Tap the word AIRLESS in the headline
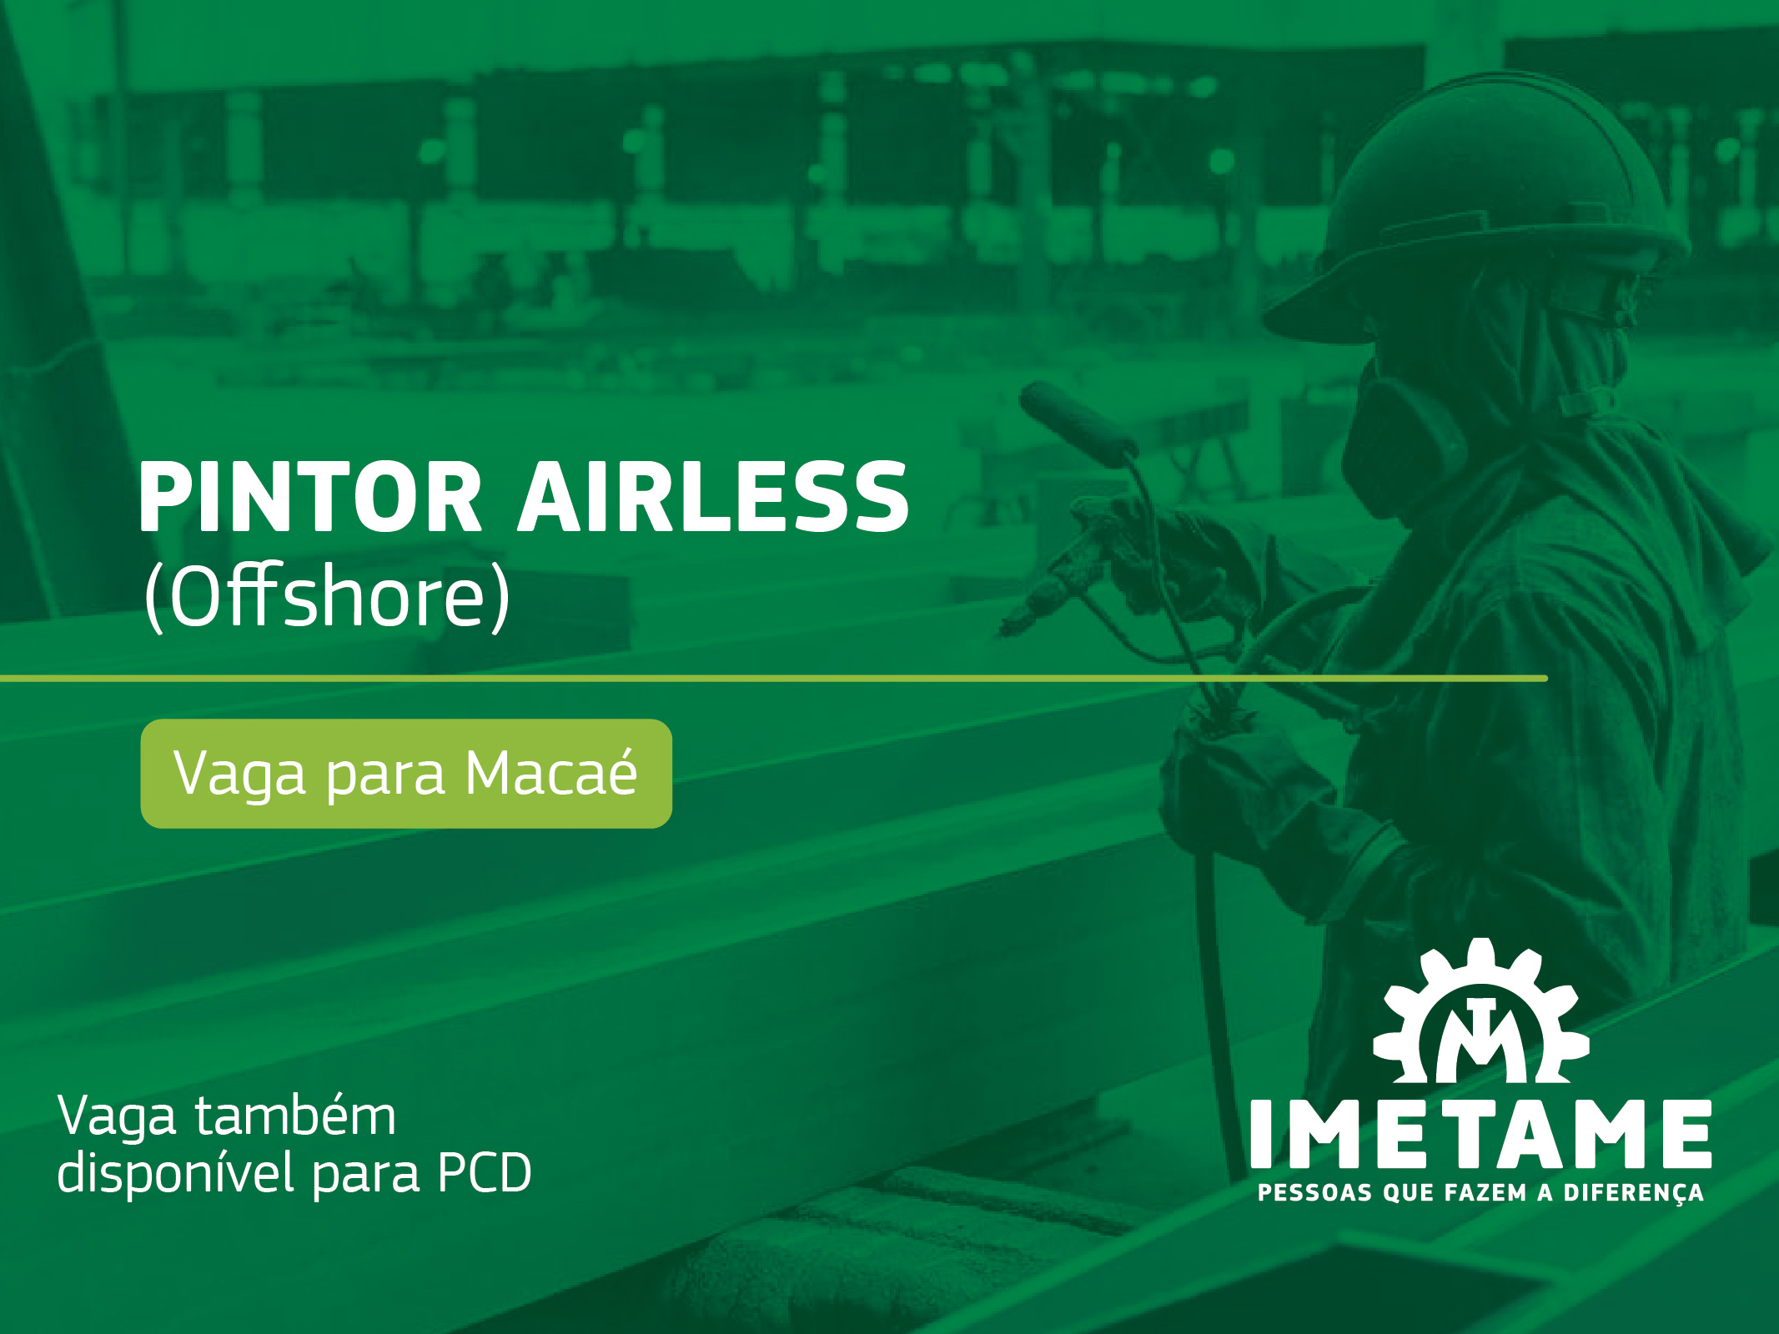714,497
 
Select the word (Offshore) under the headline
327,595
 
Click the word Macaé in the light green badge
551,773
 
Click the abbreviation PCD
485,1173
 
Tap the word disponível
176,1173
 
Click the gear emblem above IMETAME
1480,1013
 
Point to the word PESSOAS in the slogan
1315,1193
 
